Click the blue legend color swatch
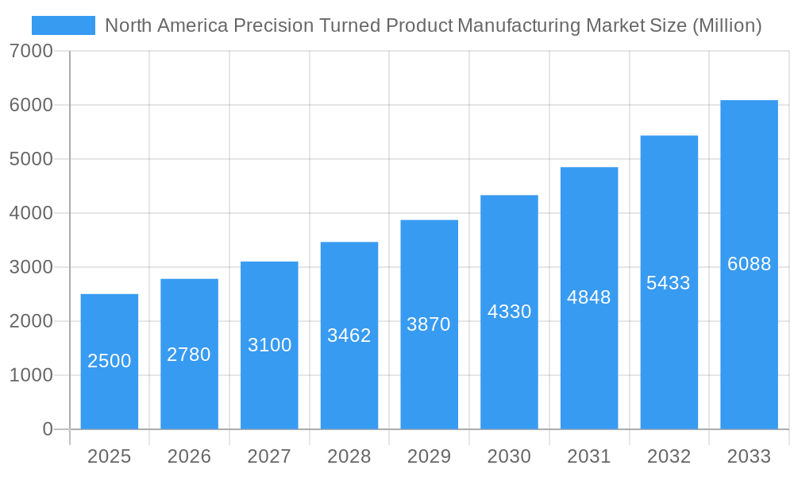point(64,25)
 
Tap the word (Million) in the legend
point(727,25)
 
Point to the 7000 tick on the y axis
point(31,52)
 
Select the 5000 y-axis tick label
point(31,160)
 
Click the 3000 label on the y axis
point(31,268)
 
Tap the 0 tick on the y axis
point(47,429)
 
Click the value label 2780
point(189,355)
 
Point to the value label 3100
point(269,345)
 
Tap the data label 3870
point(429,324)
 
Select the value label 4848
point(589,297)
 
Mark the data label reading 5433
point(669,283)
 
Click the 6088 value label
point(749,264)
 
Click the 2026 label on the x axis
point(189,456)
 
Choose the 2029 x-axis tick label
point(429,456)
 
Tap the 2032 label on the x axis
point(669,456)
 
